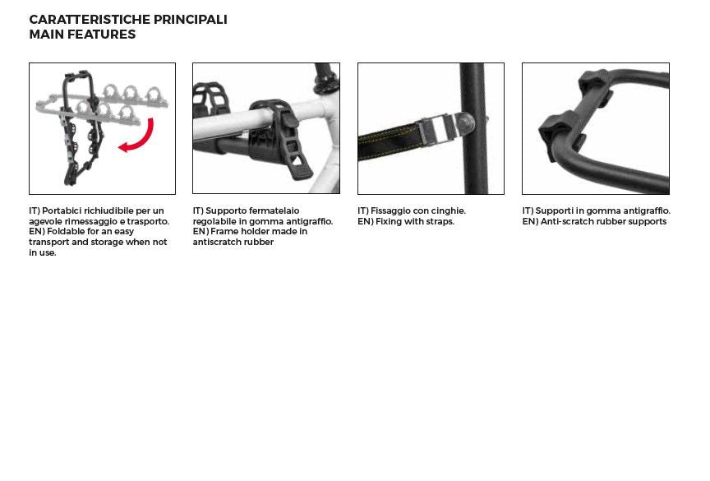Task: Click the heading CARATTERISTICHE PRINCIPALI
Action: click(x=128, y=20)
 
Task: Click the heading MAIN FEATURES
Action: click(x=82, y=35)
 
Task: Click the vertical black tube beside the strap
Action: click(x=473, y=128)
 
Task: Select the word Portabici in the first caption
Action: click(x=62, y=210)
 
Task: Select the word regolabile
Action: click(x=214, y=222)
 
